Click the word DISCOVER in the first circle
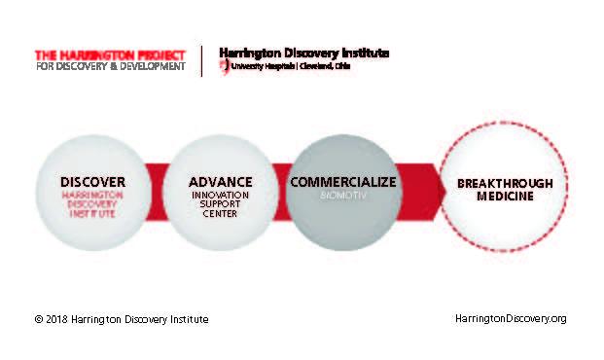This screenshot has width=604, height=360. [92, 182]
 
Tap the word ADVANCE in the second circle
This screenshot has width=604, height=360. [220, 182]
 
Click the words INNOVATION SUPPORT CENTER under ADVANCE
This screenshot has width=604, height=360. [220, 203]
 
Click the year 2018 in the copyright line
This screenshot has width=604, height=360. [58, 319]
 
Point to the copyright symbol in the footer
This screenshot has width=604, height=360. [38, 319]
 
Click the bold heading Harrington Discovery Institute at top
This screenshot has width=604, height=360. [303, 53]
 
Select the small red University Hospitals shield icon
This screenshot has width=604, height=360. [224, 66]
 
